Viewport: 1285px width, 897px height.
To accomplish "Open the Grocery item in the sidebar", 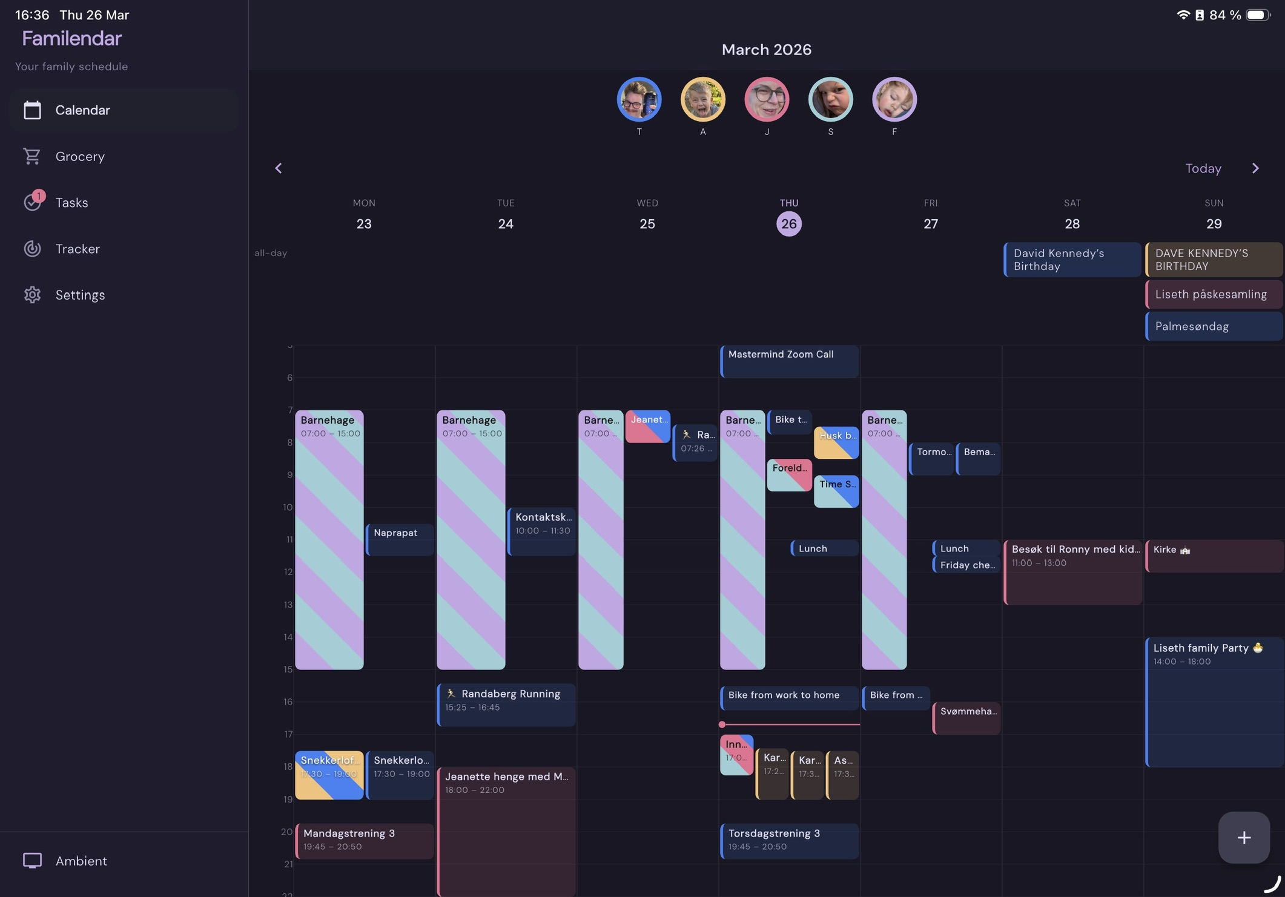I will pyautogui.click(x=79, y=156).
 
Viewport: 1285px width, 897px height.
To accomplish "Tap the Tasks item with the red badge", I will pyautogui.click(x=71, y=203).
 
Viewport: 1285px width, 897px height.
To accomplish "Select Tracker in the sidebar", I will pyautogui.click(x=77, y=249).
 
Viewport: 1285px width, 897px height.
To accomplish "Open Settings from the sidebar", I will pyautogui.click(x=79, y=295).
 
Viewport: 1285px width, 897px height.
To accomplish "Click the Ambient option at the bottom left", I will pyautogui.click(x=81, y=861).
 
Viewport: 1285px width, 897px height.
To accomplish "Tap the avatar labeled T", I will pyautogui.click(x=639, y=99).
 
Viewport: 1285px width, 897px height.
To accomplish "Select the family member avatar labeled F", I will pyautogui.click(x=894, y=99).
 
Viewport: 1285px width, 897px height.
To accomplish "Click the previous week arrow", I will pyautogui.click(x=279, y=168).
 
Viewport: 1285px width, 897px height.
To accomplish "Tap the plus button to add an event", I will pyautogui.click(x=1244, y=837).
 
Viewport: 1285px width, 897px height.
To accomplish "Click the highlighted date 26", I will pyautogui.click(x=788, y=224).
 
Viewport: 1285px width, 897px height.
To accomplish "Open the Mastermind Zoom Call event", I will pyautogui.click(x=789, y=361).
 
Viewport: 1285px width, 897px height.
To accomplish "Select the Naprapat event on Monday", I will pyautogui.click(x=400, y=539).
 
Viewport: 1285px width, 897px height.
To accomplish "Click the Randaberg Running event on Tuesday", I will pyautogui.click(x=506, y=704).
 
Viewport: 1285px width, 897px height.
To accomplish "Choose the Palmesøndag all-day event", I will pyautogui.click(x=1214, y=326).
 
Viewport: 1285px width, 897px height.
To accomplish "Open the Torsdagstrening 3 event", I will pyautogui.click(x=789, y=839).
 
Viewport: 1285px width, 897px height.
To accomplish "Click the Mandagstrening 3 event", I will pyautogui.click(x=365, y=839).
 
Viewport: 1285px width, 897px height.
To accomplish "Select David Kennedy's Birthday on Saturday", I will pyautogui.click(x=1072, y=260).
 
